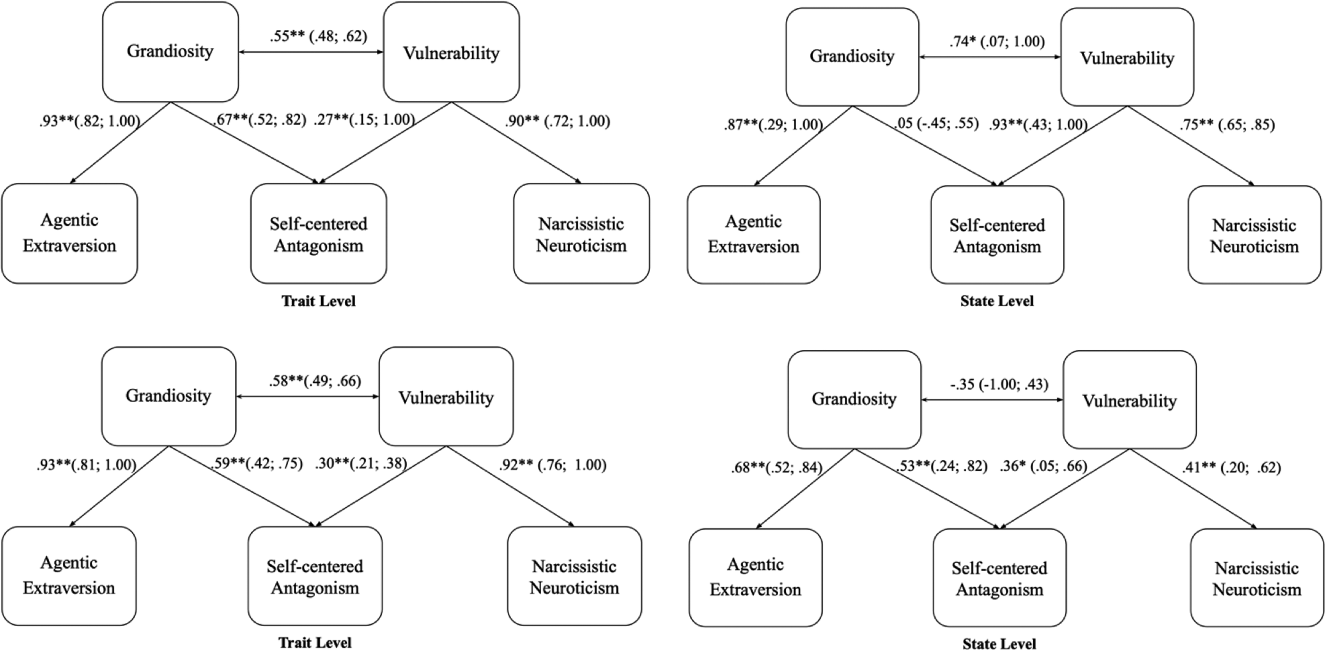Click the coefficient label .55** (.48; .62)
[x=319, y=37]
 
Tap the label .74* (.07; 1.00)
[x=997, y=41]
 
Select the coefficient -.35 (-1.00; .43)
[x=999, y=384]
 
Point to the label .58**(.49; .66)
[x=315, y=381]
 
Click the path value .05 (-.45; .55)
[x=936, y=124]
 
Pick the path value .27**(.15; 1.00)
[x=364, y=120]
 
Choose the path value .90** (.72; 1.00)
[x=557, y=121]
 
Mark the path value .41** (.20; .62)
[x=1231, y=468]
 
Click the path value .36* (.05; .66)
[x=1043, y=466]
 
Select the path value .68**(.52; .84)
[x=777, y=468]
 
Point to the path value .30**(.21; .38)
[x=361, y=464]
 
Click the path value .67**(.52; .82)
[x=259, y=120]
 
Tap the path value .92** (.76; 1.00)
[x=553, y=465]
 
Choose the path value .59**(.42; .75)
[x=256, y=464]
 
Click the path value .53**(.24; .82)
[x=941, y=466]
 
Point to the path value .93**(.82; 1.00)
[x=90, y=121]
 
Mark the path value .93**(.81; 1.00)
[x=87, y=465]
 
